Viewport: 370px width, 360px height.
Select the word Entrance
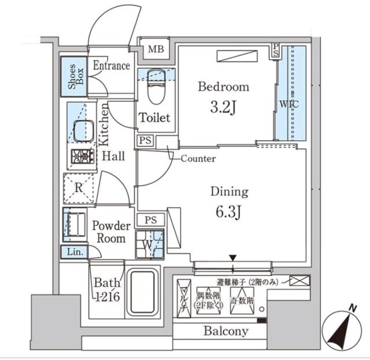pos(112,65)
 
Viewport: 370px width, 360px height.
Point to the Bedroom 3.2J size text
pos(224,107)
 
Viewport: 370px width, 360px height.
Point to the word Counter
pos(198,158)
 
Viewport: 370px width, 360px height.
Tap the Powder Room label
pos(111,232)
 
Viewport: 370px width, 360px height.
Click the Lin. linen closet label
pos(73,252)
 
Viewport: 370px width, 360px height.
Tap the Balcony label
pos(225,332)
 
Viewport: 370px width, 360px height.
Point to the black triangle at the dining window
pos(232,258)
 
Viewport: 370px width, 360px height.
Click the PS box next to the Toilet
pos(145,140)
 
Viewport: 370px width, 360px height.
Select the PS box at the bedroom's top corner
pos(276,50)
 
